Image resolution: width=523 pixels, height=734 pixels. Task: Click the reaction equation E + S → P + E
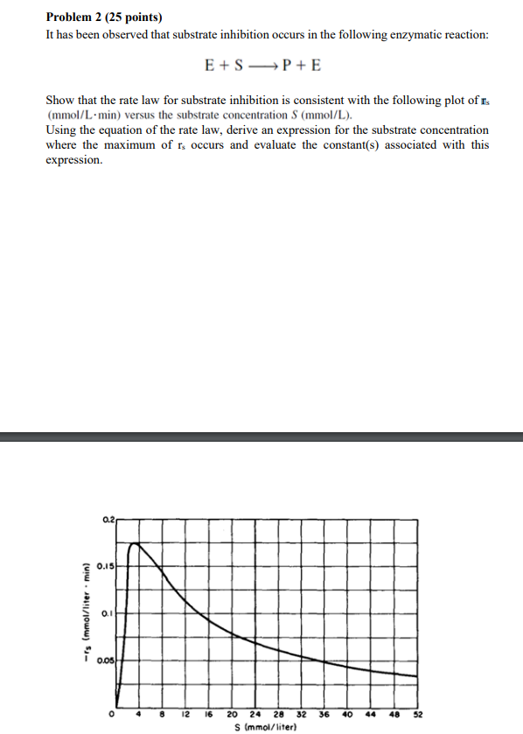(261, 66)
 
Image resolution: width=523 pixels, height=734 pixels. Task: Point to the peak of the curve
(132, 543)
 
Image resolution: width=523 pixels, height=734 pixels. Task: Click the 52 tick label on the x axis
(417, 714)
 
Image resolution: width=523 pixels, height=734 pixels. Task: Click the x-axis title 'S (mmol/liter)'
(265, 726)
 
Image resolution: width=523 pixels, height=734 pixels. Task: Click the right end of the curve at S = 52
(416, 676)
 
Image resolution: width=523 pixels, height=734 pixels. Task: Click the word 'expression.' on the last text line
(74, 161)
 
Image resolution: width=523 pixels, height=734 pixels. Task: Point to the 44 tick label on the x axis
(370, 714)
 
